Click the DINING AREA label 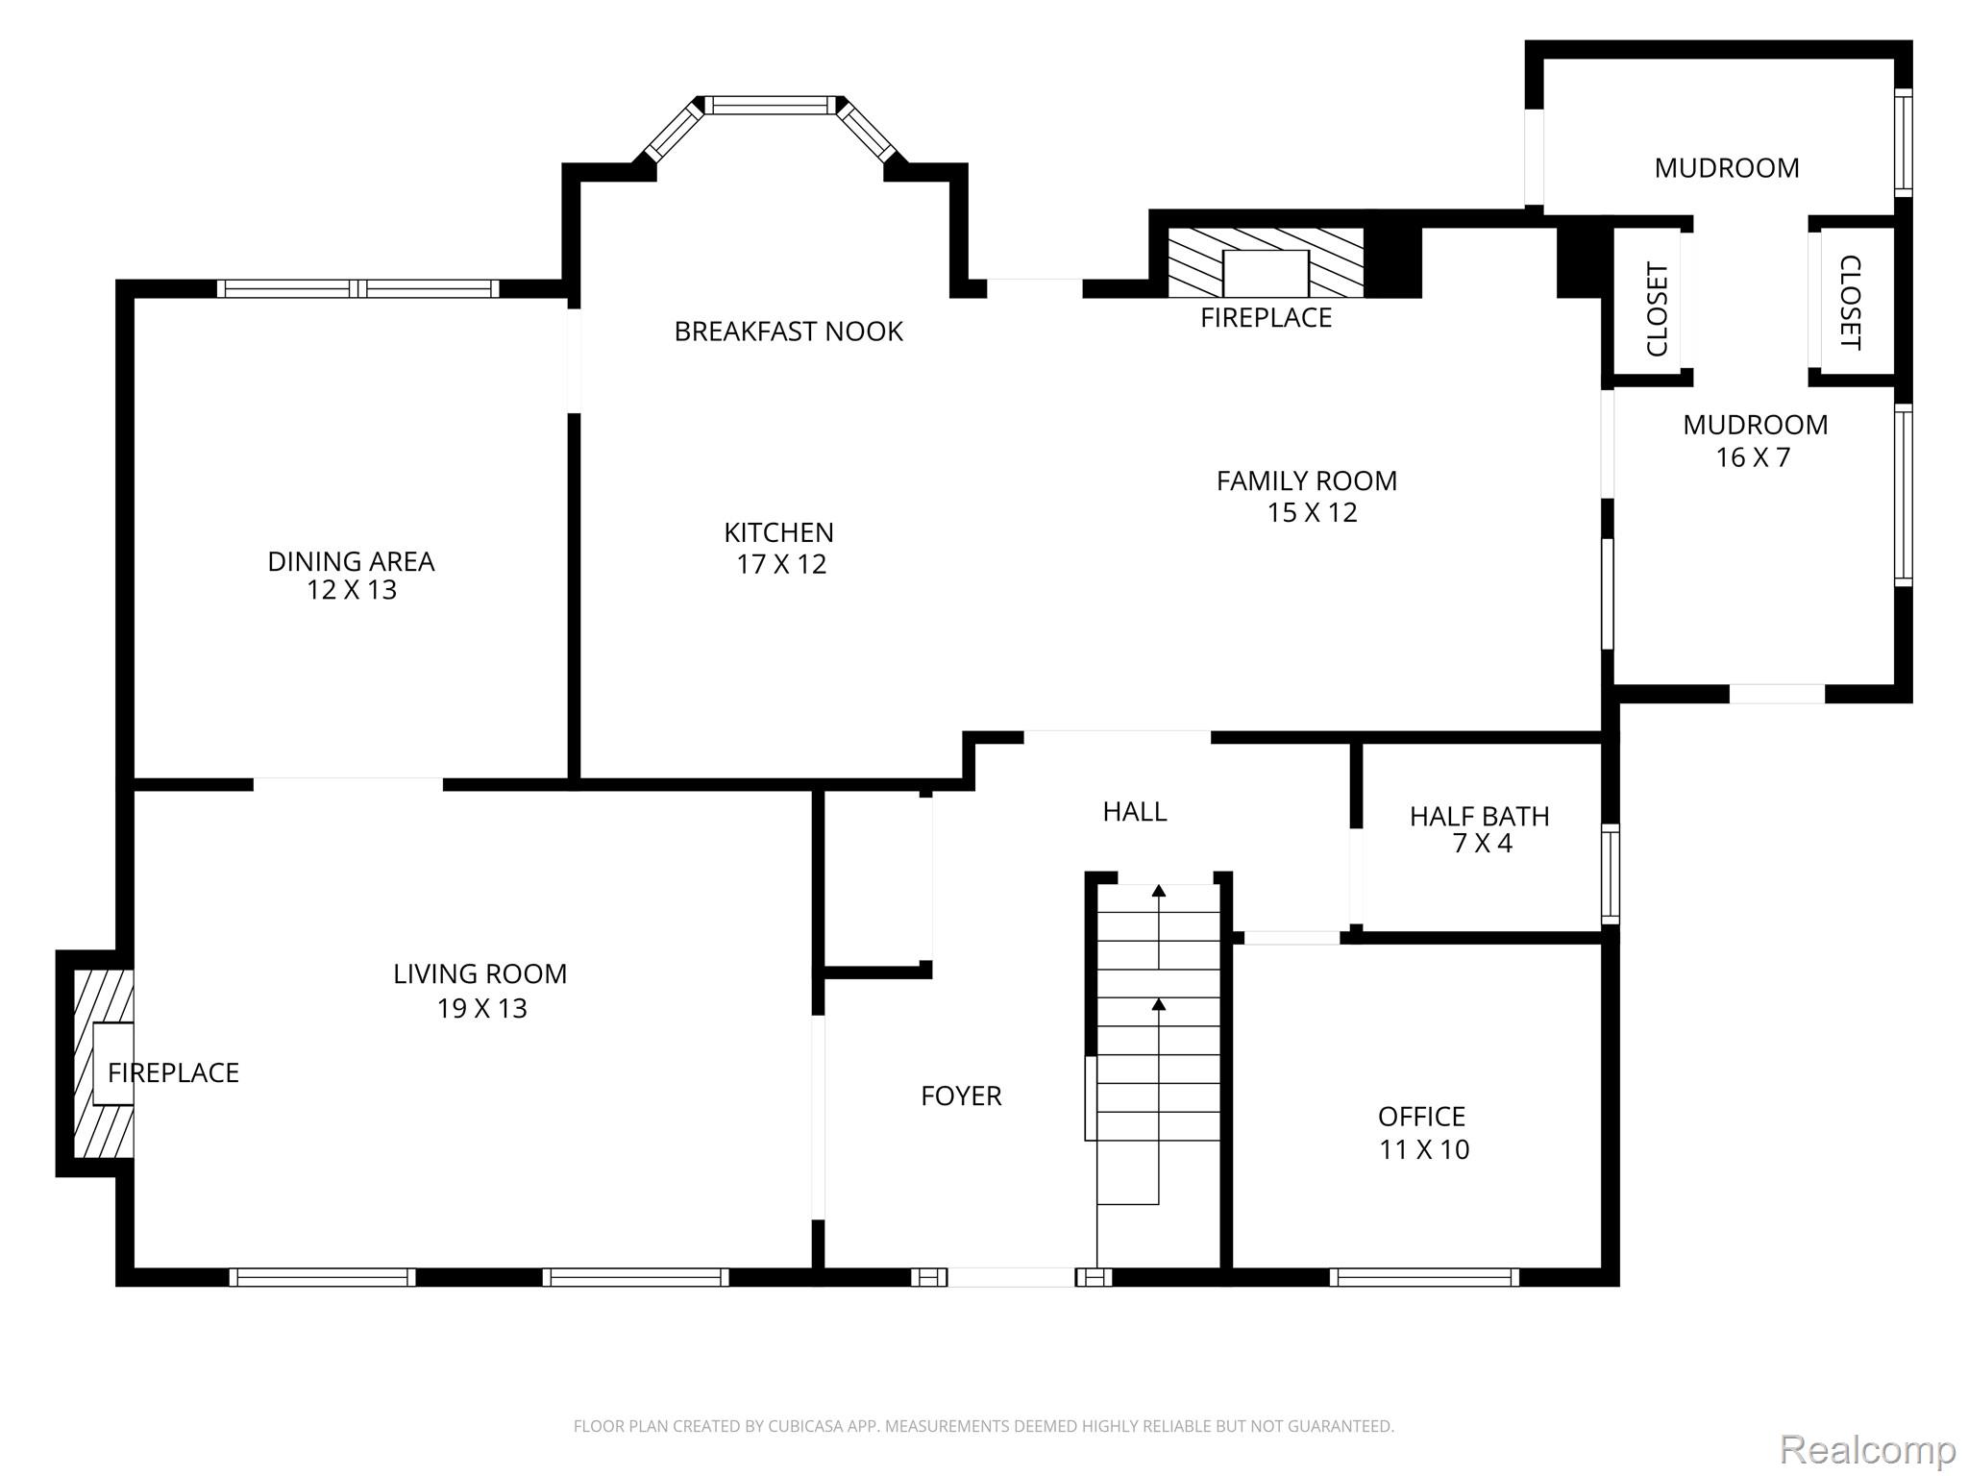(x=351, y=561)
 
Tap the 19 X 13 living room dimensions (x=482, y=1008)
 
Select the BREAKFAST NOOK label (x=788, y=332)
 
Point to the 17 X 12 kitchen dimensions (x=781, y=564)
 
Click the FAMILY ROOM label (x=1307, y=480)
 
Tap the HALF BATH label (x=1479, y=817)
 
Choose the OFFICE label (x=1421, y=1117)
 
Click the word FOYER (x=961, y=1095)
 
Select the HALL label (x=1135, y=812)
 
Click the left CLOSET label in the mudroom (x=1658, y=309)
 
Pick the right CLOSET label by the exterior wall (x=1850, y=302)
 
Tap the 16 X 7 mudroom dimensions (x=1754, y=457)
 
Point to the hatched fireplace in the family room (x=1265, y=262)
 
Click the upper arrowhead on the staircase (x=1159, y=891)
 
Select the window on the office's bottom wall (x=1424, y=1277)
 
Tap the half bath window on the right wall (x=1610, y=873)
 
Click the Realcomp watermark (x=1867, y=1449)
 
